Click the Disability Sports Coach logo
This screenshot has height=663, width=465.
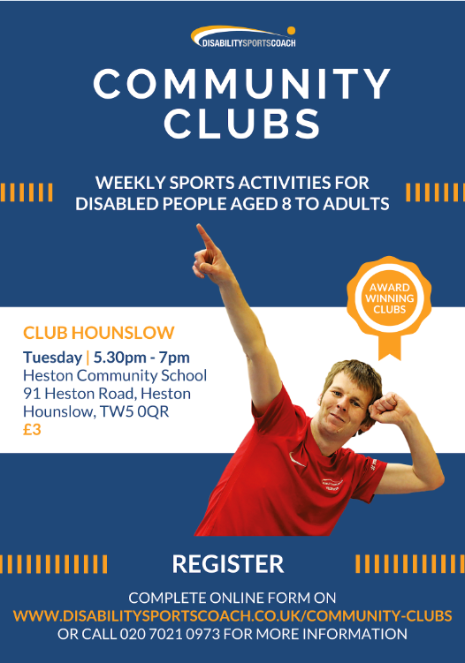pyautogui.click(x=243, y=37)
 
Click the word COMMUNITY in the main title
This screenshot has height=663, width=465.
pyautogui.click(x=242, y=84)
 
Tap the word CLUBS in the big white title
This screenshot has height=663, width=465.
pyautogui.click(x=242, y=123)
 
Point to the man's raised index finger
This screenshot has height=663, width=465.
pyautogui.click(x=204, y=237)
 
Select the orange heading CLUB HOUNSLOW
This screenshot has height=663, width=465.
pyautogui.click(x=99, y=333)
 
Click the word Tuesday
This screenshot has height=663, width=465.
pyautogui.click(x=52, y=358)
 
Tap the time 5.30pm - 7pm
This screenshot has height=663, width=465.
pyautogui.click(x=141, y=358)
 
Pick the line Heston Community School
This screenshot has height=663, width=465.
pyautogui.click(x=115, y=375)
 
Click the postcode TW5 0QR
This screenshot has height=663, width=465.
pyautogui.click(x=134, y=411)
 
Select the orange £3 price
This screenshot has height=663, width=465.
pyautogui.click(x=32, y=430)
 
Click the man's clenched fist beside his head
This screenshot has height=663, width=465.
pyautogui.click(x=386, y=407)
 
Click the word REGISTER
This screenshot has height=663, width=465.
pyautogui.click(x=228, y=564)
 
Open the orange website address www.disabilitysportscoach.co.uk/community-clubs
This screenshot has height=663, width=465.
pyautogui.click(x=232, y=615)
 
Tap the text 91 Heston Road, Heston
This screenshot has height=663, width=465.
pyautogui.click(x=107, y=394)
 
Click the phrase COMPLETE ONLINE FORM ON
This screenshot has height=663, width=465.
pyautogui.click(x=232, y=598)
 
